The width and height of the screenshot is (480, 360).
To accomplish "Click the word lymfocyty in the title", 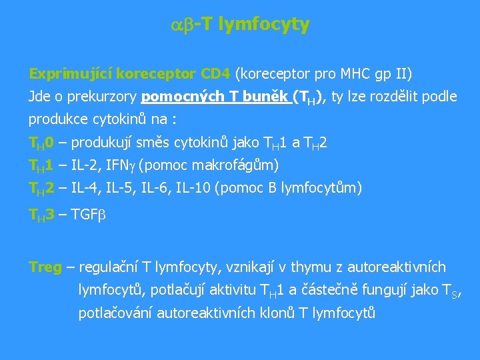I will point(264,25).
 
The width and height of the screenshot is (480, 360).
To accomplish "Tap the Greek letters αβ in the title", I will point(181,25).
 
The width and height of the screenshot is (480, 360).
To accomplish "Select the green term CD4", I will point(215,73).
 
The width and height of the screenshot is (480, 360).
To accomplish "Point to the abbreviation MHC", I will point(355,73).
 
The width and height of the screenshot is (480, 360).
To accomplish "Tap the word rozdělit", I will point(395,97).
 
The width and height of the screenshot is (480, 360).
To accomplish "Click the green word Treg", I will point(45,267).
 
